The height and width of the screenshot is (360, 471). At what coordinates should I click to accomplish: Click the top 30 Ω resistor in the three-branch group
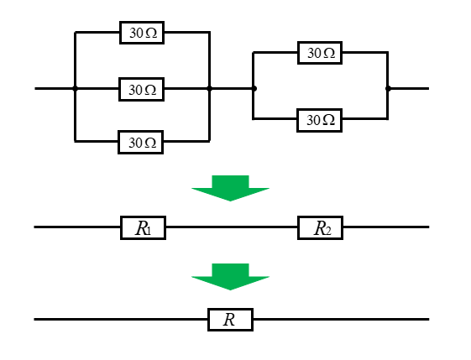[x=142, y=33]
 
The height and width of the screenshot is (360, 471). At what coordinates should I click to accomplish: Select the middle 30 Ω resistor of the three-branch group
[x=142, y=90]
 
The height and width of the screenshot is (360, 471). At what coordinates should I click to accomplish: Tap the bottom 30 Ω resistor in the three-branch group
[x=141, y=143]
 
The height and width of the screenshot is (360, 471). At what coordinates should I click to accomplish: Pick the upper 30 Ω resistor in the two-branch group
[x=320, y=53]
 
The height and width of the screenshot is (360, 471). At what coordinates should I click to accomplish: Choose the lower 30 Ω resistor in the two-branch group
[x=320, y=120]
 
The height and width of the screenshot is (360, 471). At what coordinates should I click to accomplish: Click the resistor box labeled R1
[x=143, y=228]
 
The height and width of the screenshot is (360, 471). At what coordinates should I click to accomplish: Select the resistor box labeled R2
[x=320, y=228]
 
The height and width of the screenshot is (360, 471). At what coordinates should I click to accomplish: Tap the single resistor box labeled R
[x=230, y=320]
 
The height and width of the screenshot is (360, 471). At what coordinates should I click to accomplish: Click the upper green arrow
[x=230, y=188]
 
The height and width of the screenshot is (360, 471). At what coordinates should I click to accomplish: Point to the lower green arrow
[x=230, y=277]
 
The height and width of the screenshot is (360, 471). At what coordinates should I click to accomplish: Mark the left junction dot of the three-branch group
[x=75, y=88]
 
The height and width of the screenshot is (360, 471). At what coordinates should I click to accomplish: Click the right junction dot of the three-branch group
[x=209, y=88]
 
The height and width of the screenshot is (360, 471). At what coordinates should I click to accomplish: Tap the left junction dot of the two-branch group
[x=254, y=88]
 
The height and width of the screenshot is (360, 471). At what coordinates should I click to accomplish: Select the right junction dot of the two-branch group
[x=388, y=88]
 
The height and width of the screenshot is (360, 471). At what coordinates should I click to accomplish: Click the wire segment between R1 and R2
[x=232, y=227]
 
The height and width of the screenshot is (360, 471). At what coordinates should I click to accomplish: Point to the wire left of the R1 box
[x=77, y=227]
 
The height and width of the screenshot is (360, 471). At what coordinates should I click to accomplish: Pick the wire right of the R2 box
[x=386, y=227]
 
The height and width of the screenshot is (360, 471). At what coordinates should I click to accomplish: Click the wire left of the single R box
[x=121, y=319]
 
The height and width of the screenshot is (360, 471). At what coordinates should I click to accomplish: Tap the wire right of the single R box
[x=341, y=319]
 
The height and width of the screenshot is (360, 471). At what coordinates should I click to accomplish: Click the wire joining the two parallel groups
[x=232, y=88]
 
